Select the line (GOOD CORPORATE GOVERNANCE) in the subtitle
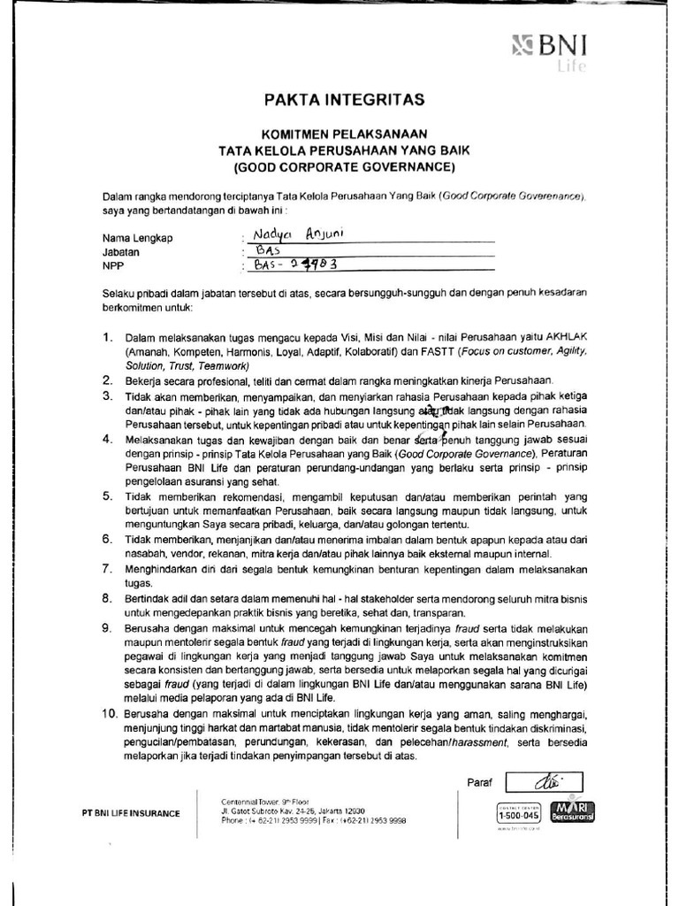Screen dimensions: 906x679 pyautogui.click(x=344, y=166)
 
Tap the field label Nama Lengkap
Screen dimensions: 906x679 pyautogui.click(x=137, y=238)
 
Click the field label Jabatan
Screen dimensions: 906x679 pyautogui.click(x=122, y=251)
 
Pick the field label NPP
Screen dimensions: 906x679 pyautogui.click(x=113, y=265)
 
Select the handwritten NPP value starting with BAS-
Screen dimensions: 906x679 pyautogui.click(x=296, y=263)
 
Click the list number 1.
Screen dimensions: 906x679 pyautogui.click(x=108, y=338)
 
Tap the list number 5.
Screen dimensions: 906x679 pyautogui.click(x=108, y=496)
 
